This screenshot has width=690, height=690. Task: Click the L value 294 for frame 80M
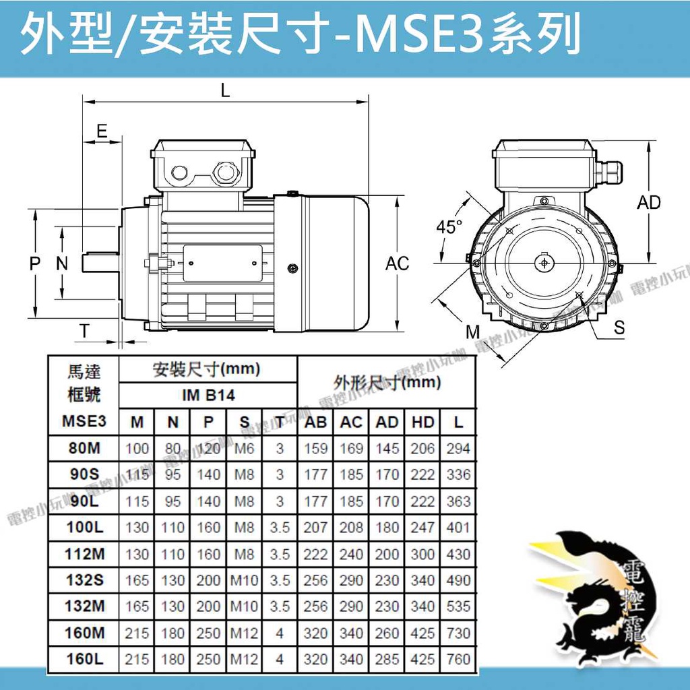[x=458, y=448]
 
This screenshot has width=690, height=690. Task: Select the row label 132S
[x=84, y=580]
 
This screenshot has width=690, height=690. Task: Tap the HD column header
[x=422, y=422]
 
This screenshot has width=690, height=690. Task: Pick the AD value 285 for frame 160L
[x=387, y=659]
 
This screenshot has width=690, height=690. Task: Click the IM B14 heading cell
[x=208, y=395]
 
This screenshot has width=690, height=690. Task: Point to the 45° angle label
[x=449, y=226]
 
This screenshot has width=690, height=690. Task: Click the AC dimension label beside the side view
[x=397, y=263]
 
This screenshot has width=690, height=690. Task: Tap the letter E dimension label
[x=102, y=131]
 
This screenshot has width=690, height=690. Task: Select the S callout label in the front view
[x=619, y=327]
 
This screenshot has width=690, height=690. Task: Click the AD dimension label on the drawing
[x=649, y=202]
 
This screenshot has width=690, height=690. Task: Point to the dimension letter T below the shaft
[x=84, y=330]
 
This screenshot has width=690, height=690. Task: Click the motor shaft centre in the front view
[x=544, y=263]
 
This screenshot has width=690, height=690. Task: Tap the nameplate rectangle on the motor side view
[x=222, y=263]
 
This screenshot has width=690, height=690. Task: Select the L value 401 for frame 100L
[x=458, y=527]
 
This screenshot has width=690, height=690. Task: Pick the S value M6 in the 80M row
[x=244, y=448]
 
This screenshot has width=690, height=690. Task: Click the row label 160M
[x=84, y=633]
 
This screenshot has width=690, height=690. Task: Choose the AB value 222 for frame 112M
[x=315, y=554]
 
